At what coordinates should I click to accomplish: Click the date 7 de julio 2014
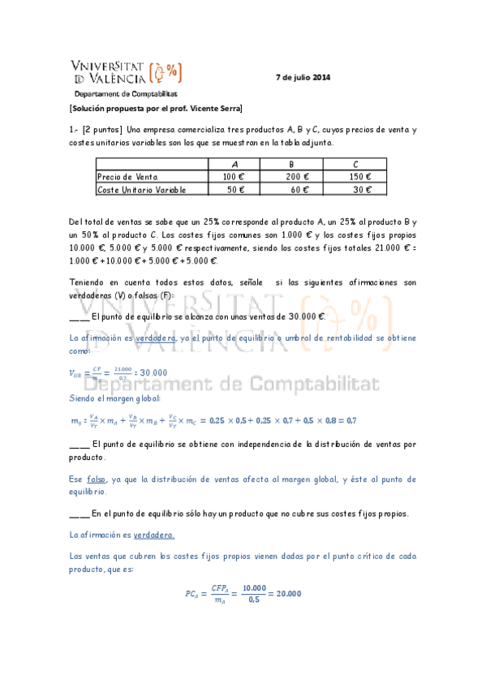pyautogui.click(x=303, y=78)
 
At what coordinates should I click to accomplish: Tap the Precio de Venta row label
pyautogui.click(x=127, y=177)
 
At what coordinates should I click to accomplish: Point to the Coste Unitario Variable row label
pyautogui.click(x=141, y=190)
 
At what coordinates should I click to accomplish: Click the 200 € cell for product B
pyautogui.click(x=298, y=177)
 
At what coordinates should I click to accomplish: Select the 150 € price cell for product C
pyautogui.click(x=359, y=177)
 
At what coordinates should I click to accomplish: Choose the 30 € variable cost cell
pyautogui.click(x=362, y=190)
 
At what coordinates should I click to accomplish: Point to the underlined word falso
pyautogui.click(x=97, y=479)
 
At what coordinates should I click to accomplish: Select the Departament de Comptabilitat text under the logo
pyautogui.click(x=119, y=94)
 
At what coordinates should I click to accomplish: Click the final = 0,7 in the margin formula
pyautogui.click(x=346, y=419)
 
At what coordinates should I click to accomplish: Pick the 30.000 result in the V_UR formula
pyautogui.click(x=148, y=372)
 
